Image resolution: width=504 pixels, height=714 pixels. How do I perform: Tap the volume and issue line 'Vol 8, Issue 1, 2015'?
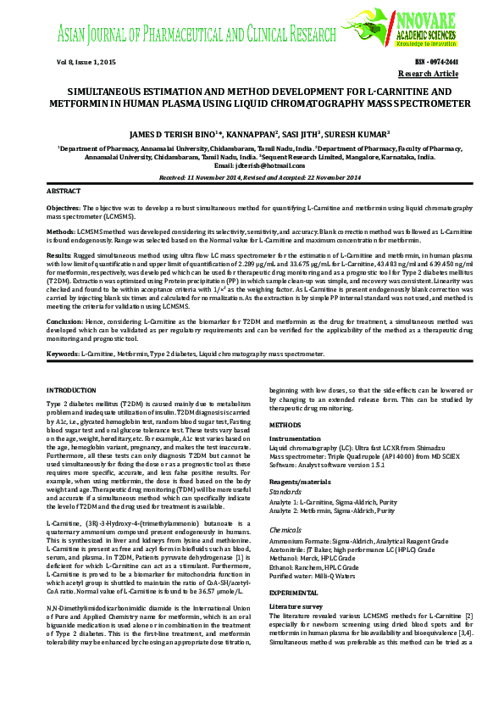pos(86,64)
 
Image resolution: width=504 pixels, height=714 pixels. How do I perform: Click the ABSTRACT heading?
pos(64,192)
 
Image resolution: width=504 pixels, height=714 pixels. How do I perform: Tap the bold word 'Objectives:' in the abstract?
pos(64,207)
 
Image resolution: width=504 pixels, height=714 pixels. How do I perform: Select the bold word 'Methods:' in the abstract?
pos(60,231)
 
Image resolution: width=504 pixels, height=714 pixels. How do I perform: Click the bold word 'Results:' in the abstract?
pos(59,254)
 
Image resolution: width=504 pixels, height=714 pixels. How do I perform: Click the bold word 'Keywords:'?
pos(64,352)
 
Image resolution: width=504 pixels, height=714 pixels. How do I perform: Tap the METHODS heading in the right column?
pos(284,424)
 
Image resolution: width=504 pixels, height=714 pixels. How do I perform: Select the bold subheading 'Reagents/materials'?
pos(300,481)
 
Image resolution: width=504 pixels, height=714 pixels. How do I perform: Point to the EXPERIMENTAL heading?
pos(294,592)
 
